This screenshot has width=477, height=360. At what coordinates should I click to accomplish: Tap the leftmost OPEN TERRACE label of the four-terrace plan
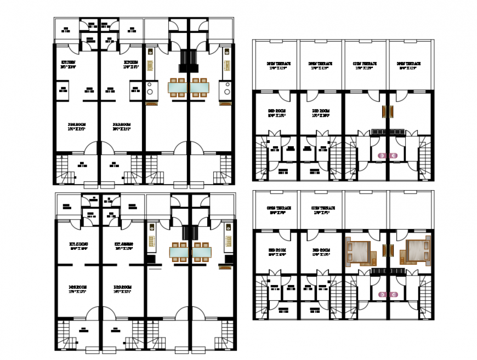click(x=279, y=65)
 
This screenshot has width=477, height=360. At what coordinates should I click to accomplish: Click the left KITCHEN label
click(x=70, y=64)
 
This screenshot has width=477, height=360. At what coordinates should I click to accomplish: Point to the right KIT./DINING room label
click(x=124, y=245)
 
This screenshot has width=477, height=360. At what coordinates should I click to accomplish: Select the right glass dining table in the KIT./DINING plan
click(x=201, y=252)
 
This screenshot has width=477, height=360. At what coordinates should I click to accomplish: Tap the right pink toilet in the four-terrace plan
click(x=393, y=156)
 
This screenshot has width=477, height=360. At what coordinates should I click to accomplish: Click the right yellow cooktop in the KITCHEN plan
click(x=226, y=65)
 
